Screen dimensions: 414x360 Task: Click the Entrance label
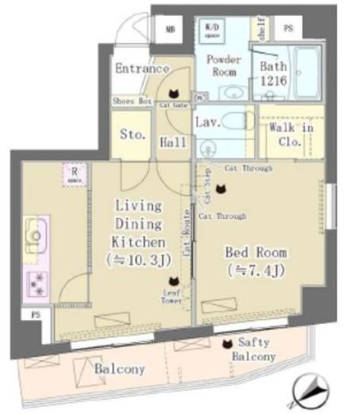click(x=142, y=68)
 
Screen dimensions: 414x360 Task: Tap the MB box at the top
click(x=170, y=29)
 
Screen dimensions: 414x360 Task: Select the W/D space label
click(x=213, y=31)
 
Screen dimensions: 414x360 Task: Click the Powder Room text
click(x=224, y=65)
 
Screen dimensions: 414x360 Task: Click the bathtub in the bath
click(x=306, y=72)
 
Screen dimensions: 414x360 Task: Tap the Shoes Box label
click(x=132, y=101)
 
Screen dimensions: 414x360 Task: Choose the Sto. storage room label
click(x=133, y=135)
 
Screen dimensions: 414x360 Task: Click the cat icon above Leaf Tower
click(x=173, y=280)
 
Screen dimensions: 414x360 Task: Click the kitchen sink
click(x=37, y=236)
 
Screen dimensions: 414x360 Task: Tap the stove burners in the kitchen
click(x=37, y=283)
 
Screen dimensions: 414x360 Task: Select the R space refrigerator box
click(x=74, y=174)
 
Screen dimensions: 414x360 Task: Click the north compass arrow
click(x=313, y=391)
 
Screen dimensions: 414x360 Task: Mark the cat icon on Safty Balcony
click(x=228, y=344)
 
